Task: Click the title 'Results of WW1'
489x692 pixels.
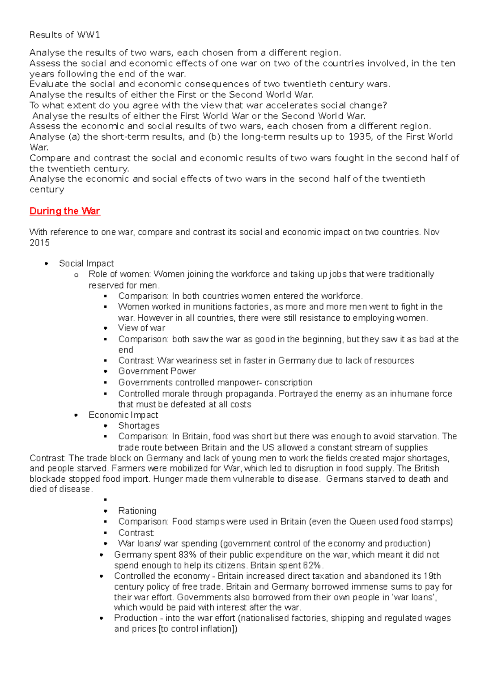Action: pyautogui.click(x=64, y=35)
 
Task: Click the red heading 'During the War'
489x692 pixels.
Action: pyautogui.click(x=65, y=211)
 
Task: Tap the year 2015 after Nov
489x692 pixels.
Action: pyautogui.click(x=40, y=243)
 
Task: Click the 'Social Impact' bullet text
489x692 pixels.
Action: pyautogui.click(x=86, y=264)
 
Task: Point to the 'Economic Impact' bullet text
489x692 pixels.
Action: pyautogui.click(x=123, y=415)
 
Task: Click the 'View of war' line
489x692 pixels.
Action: pyautogui.click(x=141, y=328)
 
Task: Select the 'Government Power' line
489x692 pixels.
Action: pyautogui.click(x=157, y=371)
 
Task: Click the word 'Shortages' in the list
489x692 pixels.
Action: pyautogui.click(x=139, y=426)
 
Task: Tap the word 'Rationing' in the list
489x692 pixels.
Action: pyautogui.click(x=137, y=511)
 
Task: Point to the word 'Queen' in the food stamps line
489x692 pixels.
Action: pyautogui.click(x=361, y=522)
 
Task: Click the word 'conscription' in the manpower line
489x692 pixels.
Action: pyautogui.click(x=289, y=383)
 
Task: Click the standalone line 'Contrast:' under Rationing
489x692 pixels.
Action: pyautogui.click(x=136, y=533)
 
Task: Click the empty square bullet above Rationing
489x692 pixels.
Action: pyautogui.click(x=105, y=500)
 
